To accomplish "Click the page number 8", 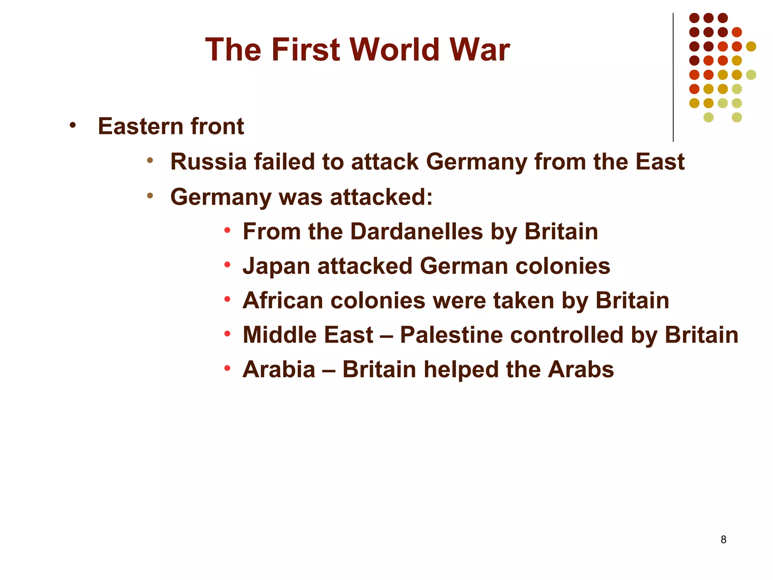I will pyautogui.click(x=723, y=540).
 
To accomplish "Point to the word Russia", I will pyautogui.click(x=208, y=162).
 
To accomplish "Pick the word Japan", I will pyautogui.click(x=276, y=267).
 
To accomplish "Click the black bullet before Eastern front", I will pyautogui.click(x=72, y=125).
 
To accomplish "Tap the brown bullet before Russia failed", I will pyautogui.click(x=150, y=160).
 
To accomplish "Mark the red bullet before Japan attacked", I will pyautogui.click(x=227, y=265).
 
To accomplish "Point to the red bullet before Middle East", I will pyautogui.click(x=227, y=333).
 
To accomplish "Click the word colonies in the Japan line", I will pyautogui.click(x=563, y=266).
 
